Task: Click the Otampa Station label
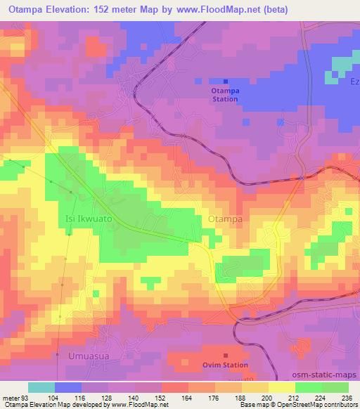click(x=226, y=95)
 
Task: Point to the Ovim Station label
click(x=226, y=365)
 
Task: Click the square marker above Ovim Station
click(x=226, y=356)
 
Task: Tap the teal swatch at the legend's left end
click(x=41, y=388)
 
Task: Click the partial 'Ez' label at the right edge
click(x=354, y=82)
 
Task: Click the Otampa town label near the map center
click(x=226, y=220)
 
